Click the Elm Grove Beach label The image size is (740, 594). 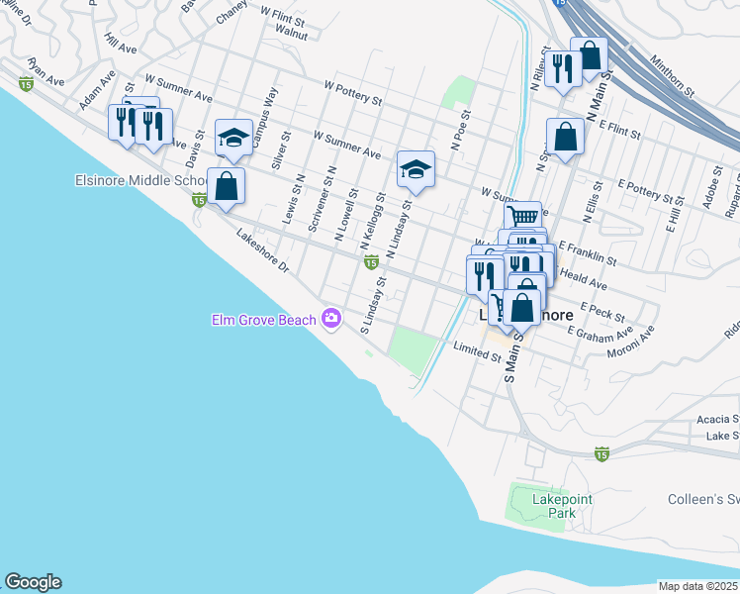tap(263, 319)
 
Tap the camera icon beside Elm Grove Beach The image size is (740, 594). tap(330, 319)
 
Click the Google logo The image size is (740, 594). tap(33, 582)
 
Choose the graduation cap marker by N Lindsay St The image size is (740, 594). tap(416, 169)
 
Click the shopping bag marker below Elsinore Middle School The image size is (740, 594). tap(227, 185)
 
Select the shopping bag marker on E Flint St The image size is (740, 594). tap(565, 138)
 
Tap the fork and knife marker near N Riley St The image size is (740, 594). tap(562, 69)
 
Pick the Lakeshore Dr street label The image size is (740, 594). tap(262, 251)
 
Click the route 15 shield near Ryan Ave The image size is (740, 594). tap(22, 87)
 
